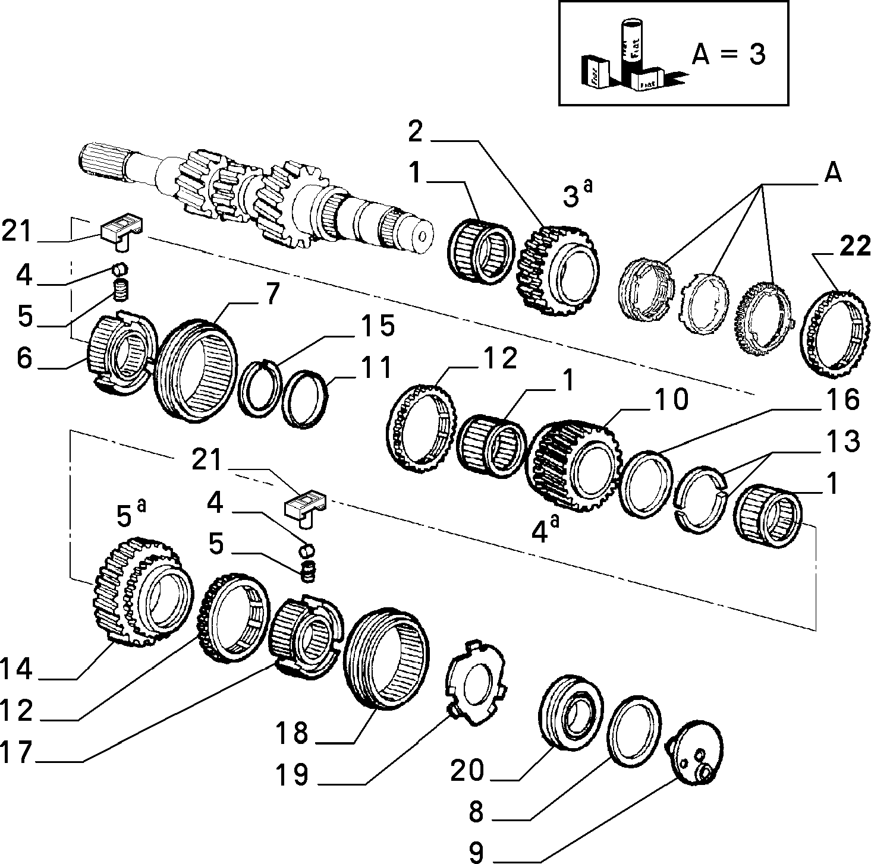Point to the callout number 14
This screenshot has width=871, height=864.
[x=17, y=669]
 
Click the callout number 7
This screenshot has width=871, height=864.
[x=272, y=294]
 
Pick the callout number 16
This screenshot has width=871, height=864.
[x=844, y=399]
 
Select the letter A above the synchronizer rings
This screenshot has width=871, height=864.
[x=832, y=172]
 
